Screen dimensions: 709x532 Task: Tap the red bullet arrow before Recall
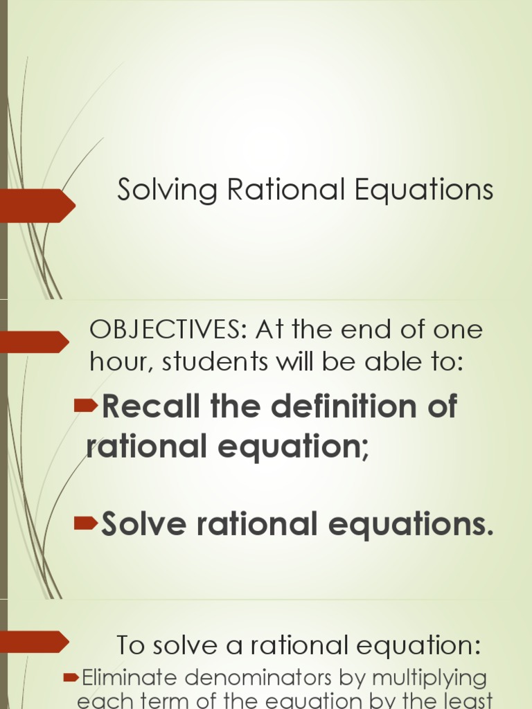pos(86,406)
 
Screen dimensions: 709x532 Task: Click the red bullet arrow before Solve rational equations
pos(86,523)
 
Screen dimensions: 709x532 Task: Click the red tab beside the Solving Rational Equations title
pos(38,205)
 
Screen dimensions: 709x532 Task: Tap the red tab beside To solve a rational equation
pos(35,641)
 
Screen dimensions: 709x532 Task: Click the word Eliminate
pos(127,677)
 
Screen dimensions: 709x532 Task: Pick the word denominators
pos(256,677)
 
